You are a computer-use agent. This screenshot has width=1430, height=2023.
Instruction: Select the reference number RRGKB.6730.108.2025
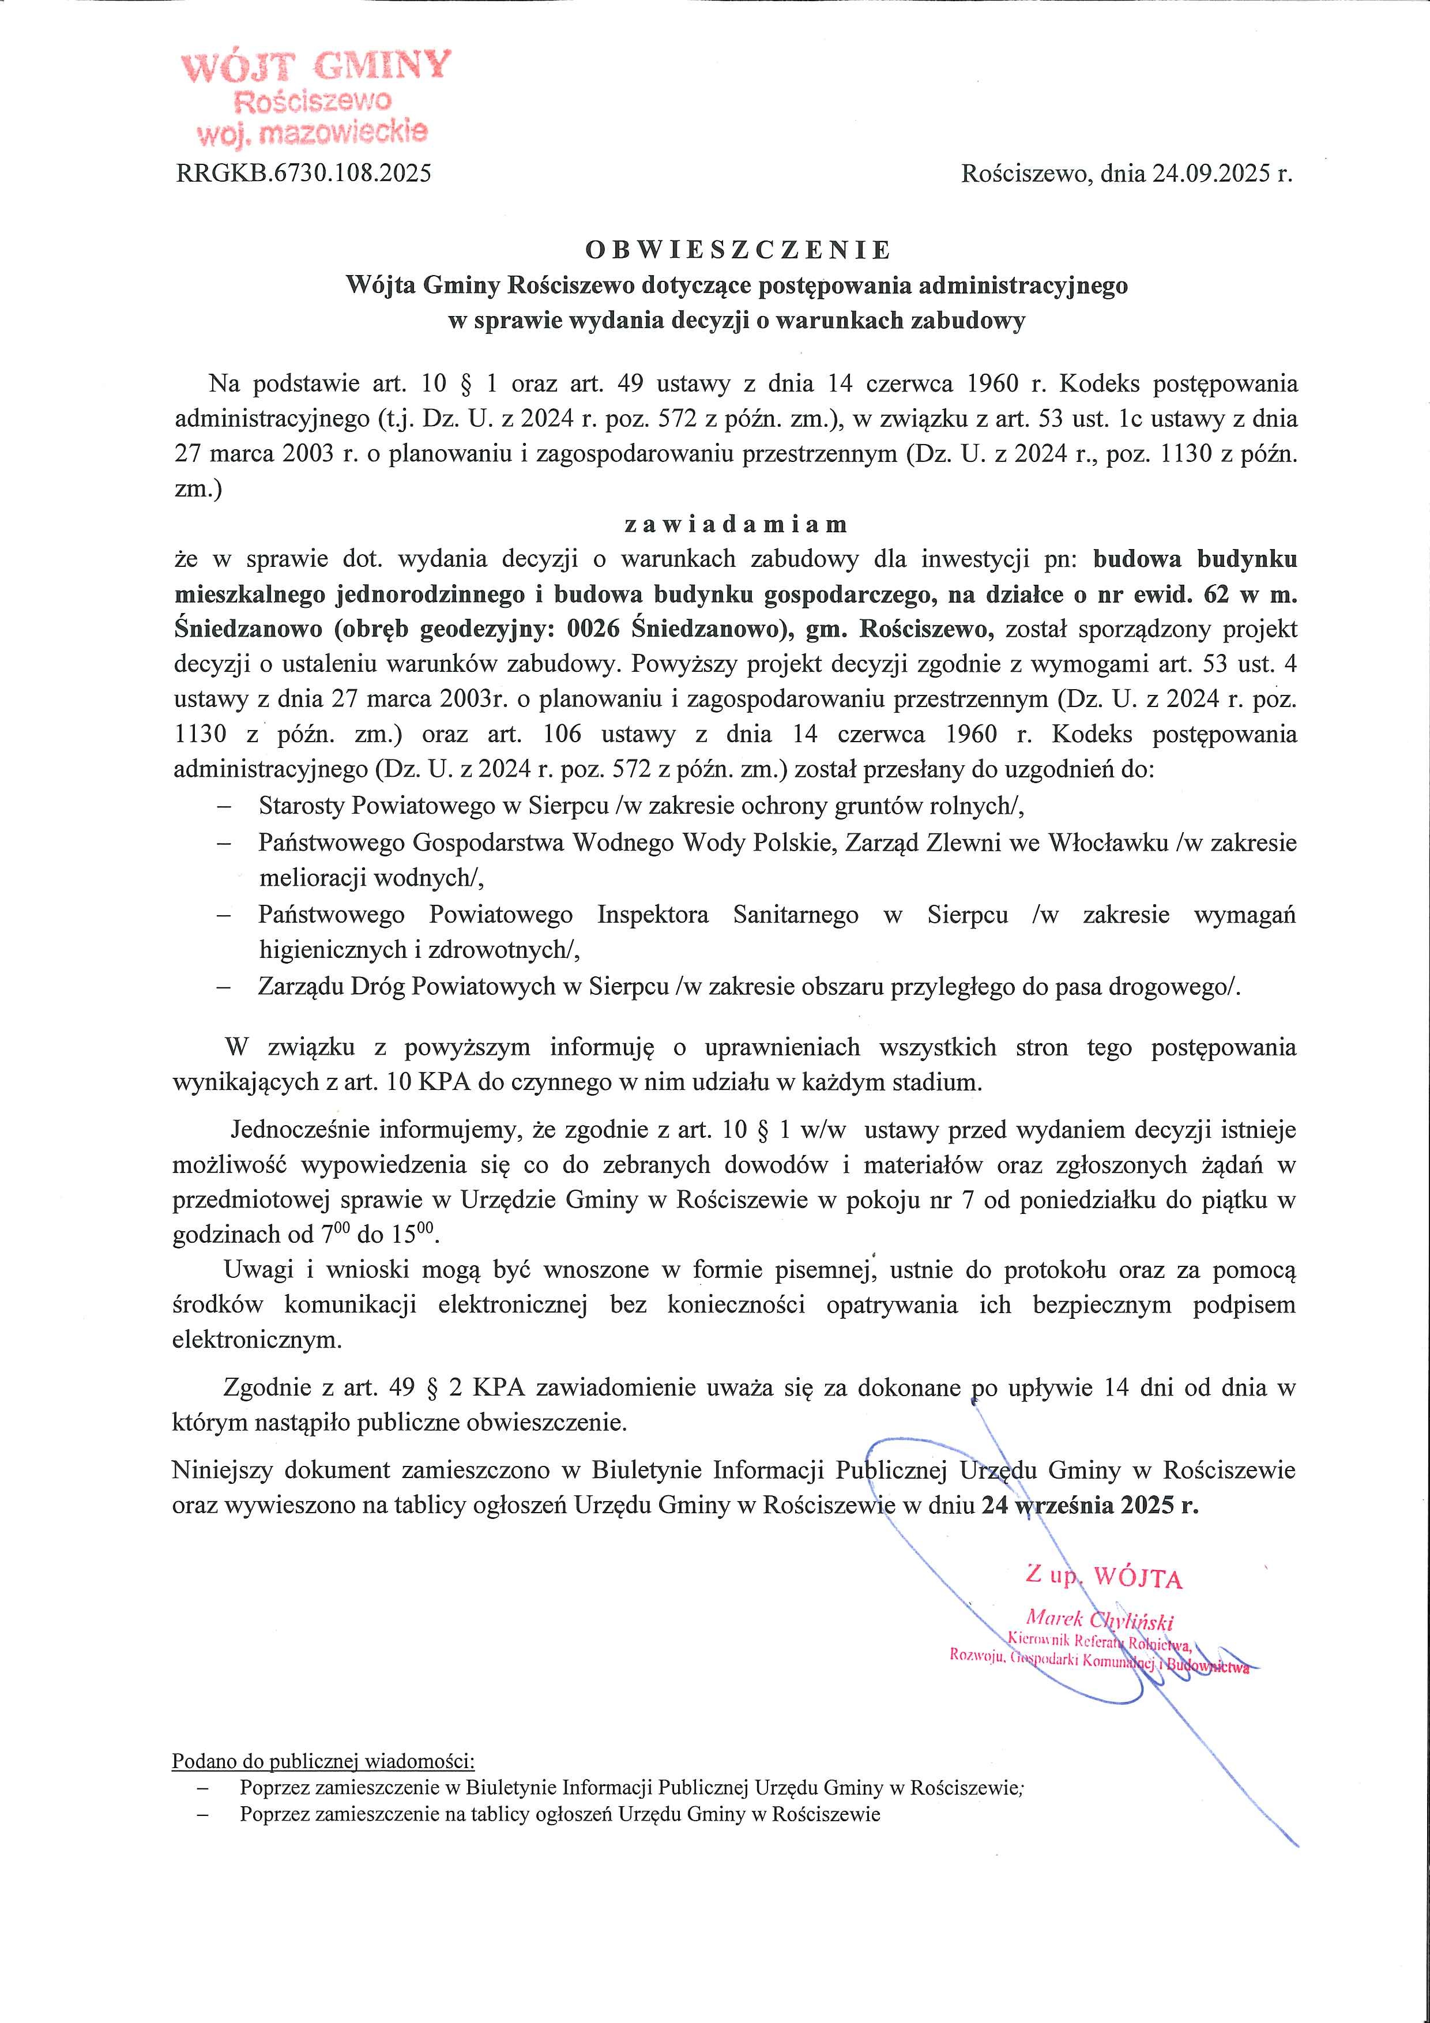coord(304,174)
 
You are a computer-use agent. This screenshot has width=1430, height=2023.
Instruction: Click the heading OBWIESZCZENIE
coord(738,250)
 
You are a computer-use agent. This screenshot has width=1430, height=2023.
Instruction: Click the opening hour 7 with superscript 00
coord(336,1234)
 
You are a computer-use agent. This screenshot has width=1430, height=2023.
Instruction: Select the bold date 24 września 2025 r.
coord(1090,1505)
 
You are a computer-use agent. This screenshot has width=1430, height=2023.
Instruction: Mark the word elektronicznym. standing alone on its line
coord(257,1340)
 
